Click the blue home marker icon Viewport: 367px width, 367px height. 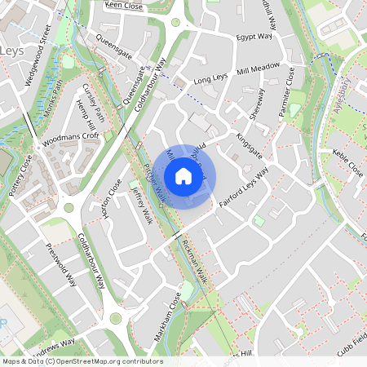pos(183,175)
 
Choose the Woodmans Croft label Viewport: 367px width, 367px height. pos(73,136)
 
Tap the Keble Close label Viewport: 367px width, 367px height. pos(347,163)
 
